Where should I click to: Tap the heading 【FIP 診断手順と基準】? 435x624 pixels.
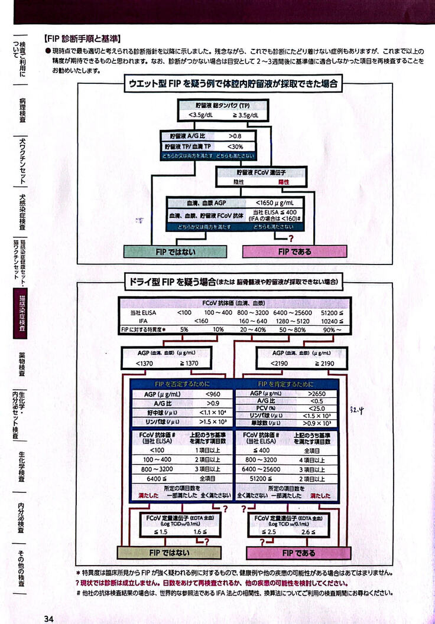point(83,39)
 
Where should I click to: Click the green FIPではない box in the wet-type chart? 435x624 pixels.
point(175,251)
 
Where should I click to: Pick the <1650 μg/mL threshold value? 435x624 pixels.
point(275,202)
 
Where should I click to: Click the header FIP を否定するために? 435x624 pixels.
point(181,384)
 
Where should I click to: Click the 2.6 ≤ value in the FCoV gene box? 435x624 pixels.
point(316,532)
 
